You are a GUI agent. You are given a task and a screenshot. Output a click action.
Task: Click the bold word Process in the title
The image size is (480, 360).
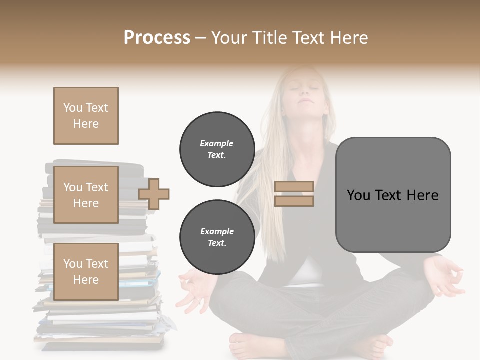(157, 37)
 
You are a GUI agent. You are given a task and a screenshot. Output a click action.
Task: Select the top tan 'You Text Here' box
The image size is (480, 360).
(86, 116)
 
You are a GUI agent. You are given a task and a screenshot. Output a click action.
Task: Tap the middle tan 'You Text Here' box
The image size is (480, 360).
(86, 195)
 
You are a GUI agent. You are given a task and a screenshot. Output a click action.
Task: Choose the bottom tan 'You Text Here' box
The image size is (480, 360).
(86, 271)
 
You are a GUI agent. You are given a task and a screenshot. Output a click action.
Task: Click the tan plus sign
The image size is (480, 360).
(154, 193)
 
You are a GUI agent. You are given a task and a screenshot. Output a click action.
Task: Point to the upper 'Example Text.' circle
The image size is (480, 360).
(217, 149)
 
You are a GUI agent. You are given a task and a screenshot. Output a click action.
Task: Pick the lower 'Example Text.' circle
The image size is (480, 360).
(217, 237)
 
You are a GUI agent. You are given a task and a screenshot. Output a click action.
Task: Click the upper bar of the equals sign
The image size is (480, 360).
(294, 186)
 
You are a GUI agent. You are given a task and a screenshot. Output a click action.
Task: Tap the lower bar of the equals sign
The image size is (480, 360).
(294, 201)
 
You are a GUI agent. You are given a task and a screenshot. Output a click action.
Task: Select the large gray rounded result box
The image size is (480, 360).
(393, 195)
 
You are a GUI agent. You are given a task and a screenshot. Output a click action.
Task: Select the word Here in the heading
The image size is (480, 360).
(348, 37)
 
